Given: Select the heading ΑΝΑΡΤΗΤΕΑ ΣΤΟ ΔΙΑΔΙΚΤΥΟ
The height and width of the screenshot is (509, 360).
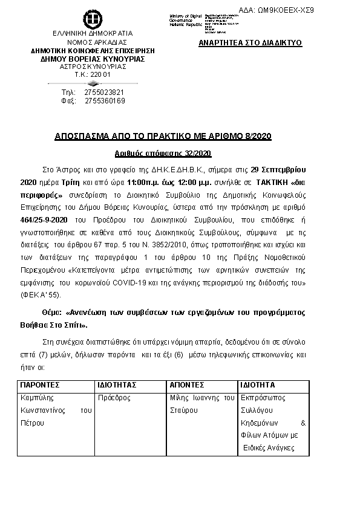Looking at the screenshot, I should (250, 44).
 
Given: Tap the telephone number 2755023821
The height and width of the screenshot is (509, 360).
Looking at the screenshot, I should (105, 92).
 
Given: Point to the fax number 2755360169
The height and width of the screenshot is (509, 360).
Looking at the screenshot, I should (105, 101).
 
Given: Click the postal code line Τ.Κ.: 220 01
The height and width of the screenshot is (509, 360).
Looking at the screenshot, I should (93, 74).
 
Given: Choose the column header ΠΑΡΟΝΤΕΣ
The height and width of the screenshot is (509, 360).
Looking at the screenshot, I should (40, 385).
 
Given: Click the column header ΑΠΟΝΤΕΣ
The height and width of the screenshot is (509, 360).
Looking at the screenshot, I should (186, 385).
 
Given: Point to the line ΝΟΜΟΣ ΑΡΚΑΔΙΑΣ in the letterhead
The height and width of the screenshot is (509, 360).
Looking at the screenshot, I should (93, 42).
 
